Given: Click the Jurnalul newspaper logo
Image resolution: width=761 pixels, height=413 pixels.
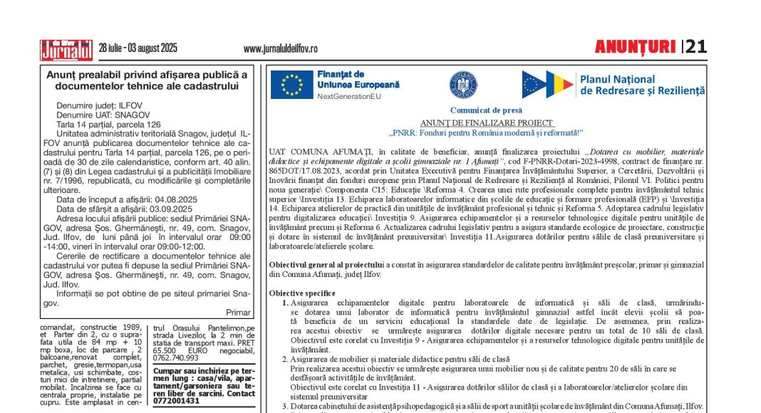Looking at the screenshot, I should click(x=66, y=49).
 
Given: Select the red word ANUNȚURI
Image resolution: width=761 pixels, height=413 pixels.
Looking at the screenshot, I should click(x=635, y=48).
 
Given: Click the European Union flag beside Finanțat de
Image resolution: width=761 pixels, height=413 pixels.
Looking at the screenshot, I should click(x=291, y=84).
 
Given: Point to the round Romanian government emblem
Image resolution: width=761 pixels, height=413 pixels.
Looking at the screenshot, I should click(x=462, y=84).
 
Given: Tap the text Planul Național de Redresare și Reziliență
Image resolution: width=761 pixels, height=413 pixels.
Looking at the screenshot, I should click(x=642, y=85).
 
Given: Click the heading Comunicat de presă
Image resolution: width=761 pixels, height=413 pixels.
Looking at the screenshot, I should click(x=486, y=110).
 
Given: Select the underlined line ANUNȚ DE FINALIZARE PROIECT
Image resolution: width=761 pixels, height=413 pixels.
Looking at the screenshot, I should click(x=486, y=122).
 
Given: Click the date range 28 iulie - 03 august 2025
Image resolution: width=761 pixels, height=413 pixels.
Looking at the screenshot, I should click(x=138, y=48).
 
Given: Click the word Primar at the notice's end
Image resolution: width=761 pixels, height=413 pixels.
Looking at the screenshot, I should click(x=238, y=312).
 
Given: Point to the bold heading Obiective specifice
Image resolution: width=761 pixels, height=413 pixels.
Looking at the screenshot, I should click(x=302, y=293).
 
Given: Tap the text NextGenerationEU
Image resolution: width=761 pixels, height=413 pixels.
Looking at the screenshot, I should click(x=350, y=96).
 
